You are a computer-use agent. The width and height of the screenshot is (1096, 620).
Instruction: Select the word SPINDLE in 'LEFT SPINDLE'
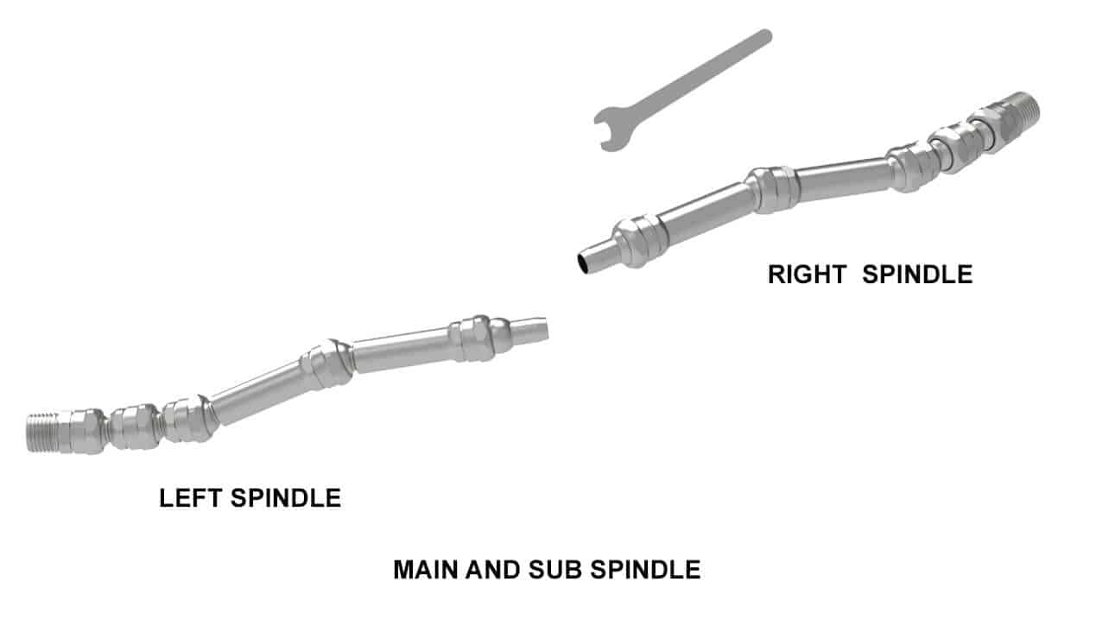coord(286,498)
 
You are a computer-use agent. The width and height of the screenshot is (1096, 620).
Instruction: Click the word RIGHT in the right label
coord(808,274)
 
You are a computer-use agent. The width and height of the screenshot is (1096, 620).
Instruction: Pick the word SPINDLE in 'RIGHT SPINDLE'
coord(917,274)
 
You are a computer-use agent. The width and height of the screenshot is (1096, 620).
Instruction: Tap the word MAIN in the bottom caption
coord(426,570)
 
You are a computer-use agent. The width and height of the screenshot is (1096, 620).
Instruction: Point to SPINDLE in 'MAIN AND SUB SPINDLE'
coord(646,570)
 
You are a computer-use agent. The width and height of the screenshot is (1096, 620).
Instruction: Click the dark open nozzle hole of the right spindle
coord(583,263)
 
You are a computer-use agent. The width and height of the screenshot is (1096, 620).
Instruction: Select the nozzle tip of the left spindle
coord(530,331)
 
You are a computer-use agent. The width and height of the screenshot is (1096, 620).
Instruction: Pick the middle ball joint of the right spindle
coord(774,190)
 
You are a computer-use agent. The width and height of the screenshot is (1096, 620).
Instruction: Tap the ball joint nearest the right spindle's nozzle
coord(642,241)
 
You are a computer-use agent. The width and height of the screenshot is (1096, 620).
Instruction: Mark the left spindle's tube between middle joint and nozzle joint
coord(402,350)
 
